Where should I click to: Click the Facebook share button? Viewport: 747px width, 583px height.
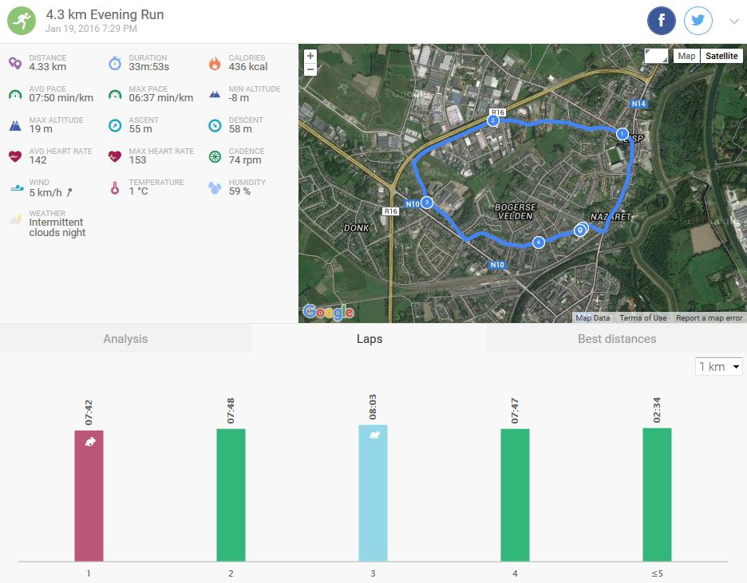pos(662,21)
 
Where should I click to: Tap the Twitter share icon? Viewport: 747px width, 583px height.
pos(698,21)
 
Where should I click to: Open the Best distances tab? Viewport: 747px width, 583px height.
pos(616,339)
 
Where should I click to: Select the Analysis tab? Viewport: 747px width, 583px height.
pos(125,339)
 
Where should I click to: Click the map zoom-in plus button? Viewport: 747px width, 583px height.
pos(310,56)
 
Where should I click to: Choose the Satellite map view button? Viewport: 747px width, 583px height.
pos(721,56)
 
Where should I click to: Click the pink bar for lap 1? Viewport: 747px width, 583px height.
pos(89,495)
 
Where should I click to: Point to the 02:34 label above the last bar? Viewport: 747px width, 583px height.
pos(657,408)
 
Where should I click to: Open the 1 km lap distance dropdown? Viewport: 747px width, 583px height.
pos(719,367)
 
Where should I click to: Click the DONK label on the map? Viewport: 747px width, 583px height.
pos(356,228)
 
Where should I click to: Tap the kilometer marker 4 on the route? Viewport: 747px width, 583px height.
pos(539,242)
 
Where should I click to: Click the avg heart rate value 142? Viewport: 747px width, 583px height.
pos(38,160)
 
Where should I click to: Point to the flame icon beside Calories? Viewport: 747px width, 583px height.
pos(214,63)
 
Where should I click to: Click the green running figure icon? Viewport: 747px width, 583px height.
pos(22,21)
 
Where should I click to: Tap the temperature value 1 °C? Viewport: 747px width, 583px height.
pos(139,191)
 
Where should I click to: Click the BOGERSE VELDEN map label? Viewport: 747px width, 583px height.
pos(516,211)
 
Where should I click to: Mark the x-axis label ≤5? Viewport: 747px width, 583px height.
pos(657,573)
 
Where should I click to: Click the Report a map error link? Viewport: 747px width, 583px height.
pos(709,318)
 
